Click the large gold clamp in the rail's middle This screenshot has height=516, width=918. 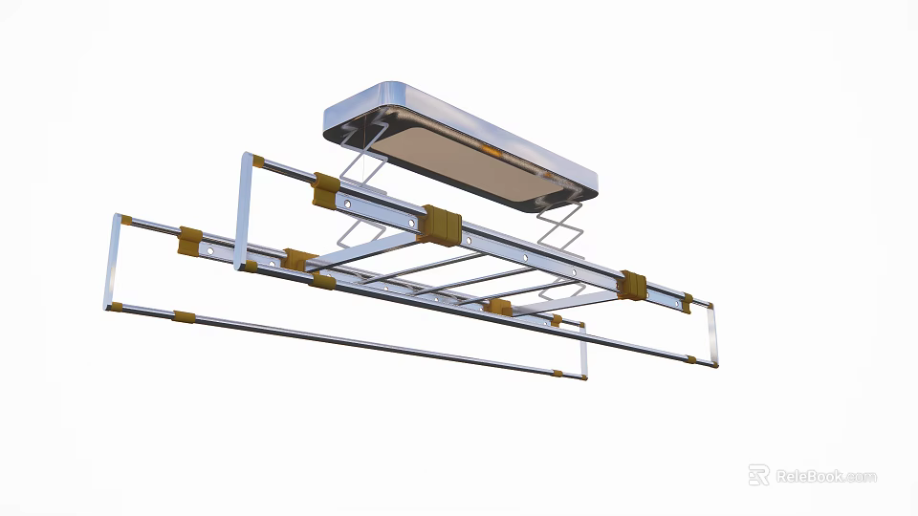click(441, 222)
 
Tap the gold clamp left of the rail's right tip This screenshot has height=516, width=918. click(631, 285)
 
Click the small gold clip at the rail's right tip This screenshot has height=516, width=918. click(688, 303)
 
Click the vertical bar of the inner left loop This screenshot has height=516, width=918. click(241, 210)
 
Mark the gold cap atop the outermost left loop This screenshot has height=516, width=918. click(125, 220)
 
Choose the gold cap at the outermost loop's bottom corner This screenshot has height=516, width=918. click(116, 307)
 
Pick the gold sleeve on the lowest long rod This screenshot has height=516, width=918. click(184, 316)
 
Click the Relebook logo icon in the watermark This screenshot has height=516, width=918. click(758, 475)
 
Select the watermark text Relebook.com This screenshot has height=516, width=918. click(825, 476)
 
